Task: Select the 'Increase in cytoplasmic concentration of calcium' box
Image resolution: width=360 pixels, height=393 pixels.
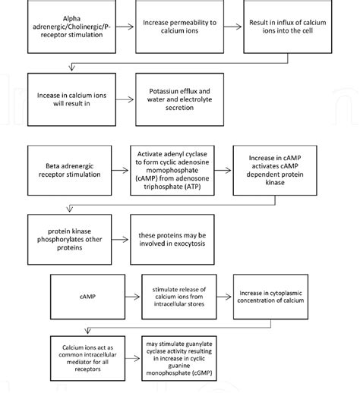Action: click(271, 294)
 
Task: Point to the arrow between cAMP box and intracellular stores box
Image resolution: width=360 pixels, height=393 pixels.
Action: click(131, 294)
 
